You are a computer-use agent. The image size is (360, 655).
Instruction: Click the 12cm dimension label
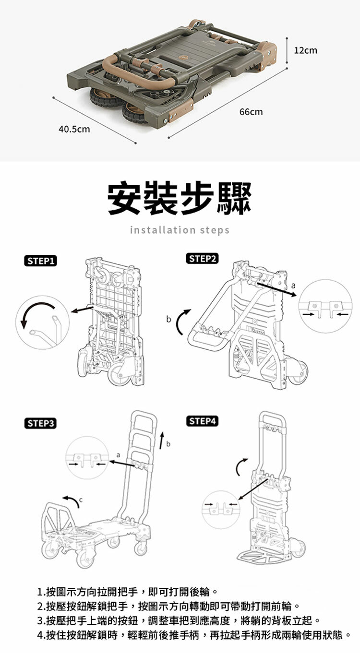[305, 50]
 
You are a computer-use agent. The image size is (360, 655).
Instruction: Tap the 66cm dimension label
[251, 112]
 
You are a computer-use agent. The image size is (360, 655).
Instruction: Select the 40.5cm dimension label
[74, 129]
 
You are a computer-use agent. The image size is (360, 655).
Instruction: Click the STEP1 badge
[41, 261]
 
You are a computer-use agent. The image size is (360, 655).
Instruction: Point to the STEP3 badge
[41, 423]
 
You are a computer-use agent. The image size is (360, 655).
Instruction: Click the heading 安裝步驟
[180, 198]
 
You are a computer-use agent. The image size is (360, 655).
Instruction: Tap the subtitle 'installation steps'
[180, 230]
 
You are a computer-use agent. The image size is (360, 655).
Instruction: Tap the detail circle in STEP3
[87, 457]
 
